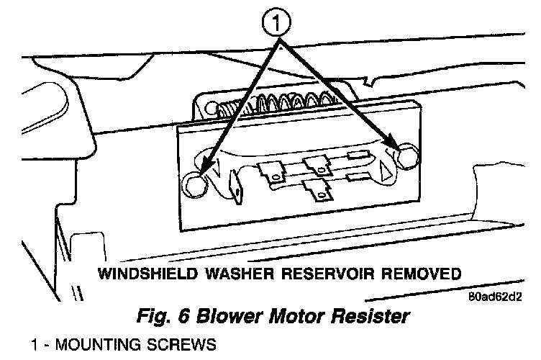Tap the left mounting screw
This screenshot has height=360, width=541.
pos(194,185)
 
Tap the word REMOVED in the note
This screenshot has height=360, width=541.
pos(421,274)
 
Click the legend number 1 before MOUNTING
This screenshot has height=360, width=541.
pos(33,345)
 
